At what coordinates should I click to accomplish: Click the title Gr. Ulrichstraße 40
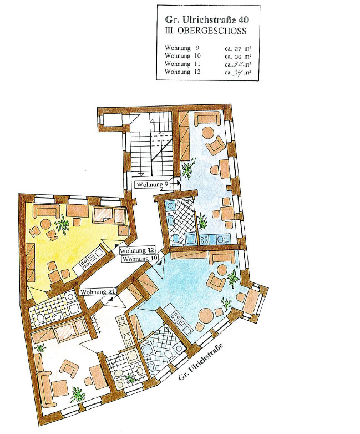(x=206, y=19)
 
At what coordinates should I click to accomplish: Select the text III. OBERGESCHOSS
(x=205, y=31)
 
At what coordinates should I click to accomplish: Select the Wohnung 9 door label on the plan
(x=153, y=184)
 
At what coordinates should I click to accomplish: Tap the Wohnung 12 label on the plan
(x=137, y=250)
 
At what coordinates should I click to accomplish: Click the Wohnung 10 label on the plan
(x=140, y=259)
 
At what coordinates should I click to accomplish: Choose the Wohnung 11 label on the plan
(x=98, y=292)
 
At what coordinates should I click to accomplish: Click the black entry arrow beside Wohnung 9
(x=179, y=183)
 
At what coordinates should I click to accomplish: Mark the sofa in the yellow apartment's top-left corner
(x=46, y=212)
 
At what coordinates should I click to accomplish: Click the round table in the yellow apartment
(x=46, y=224)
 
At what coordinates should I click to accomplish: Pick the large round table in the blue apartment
(x=206, y=316)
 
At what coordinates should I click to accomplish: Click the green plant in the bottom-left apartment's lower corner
(x=77, y=395)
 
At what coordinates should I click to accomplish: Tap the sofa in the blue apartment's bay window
(x=252, y=301)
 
